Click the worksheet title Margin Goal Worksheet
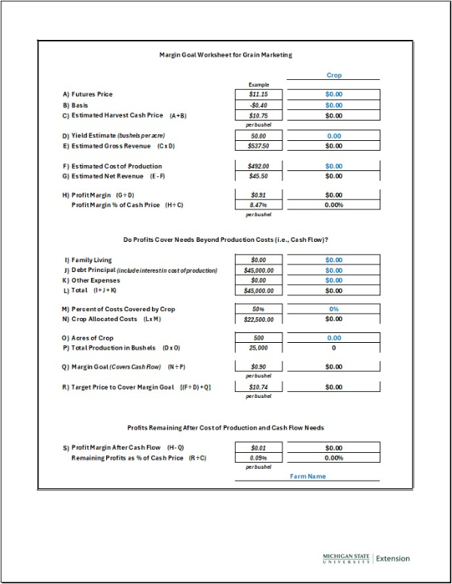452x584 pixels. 225,55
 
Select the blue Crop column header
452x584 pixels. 334,75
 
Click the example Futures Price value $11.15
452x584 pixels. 259,94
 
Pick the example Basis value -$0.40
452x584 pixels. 259,105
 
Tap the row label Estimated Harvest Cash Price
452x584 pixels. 123,115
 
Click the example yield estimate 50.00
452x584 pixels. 259,136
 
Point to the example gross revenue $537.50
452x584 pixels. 259,146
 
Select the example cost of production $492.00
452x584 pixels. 259,166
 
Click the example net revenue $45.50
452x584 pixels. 259,176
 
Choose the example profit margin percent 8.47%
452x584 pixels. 259,205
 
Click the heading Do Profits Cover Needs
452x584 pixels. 225,240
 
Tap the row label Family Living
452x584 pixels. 91,260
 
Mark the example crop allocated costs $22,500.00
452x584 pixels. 259,320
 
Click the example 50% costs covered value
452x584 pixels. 259,309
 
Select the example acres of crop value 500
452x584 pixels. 259,338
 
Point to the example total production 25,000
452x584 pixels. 259,348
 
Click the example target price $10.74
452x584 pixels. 259,387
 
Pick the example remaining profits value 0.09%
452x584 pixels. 259,457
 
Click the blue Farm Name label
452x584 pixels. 308,476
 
